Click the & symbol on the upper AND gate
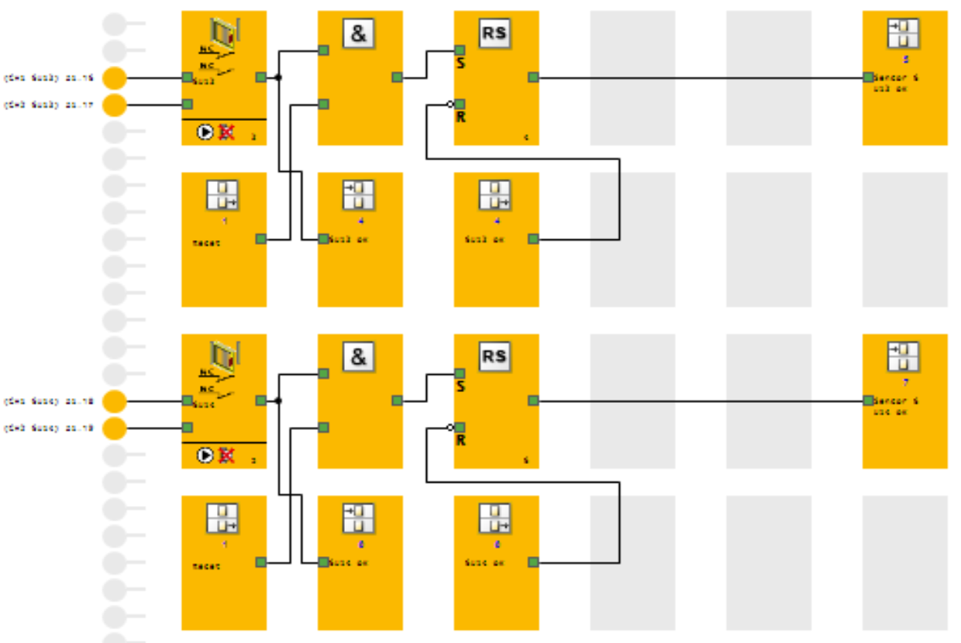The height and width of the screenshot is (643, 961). pos(358,33)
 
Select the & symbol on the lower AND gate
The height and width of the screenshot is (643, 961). pos(358,357)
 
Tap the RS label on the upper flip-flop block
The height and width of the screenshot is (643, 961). pos(494,33)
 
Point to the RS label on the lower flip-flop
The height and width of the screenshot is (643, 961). pos(494,357)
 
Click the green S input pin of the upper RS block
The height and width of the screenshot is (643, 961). pos(460,50)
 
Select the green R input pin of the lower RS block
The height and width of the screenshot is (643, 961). pos(460,427)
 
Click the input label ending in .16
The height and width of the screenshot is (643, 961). pos(49,78)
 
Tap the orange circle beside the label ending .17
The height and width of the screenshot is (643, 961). pos(115,105)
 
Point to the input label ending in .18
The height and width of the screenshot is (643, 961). pos(49,402)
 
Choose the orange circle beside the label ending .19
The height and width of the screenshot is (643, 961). pos(115,428)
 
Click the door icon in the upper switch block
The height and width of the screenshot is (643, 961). pos(226,33)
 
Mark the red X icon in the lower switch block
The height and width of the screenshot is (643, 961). pos(226,456)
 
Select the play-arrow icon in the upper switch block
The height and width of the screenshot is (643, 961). pos(205,132)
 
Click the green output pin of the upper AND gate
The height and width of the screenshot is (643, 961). pos(397,77)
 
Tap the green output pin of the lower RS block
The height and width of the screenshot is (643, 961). pos(533,401)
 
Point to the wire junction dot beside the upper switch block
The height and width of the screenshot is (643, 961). pos(278,77)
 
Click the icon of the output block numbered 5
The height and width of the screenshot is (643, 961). pos(903,33)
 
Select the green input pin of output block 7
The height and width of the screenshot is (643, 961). pos(868,401)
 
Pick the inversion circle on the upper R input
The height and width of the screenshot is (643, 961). pos(449,104)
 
